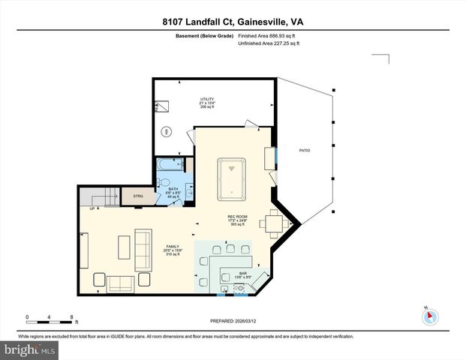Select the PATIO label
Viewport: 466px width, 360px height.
(x=304, y=151)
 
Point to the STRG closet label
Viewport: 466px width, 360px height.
(x=138, y=196)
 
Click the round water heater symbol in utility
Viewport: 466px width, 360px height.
(x=166, y=132)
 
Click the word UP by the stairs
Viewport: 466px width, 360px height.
(x=92, y=208)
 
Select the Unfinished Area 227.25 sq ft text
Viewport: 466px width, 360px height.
(x=269, y=43)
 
